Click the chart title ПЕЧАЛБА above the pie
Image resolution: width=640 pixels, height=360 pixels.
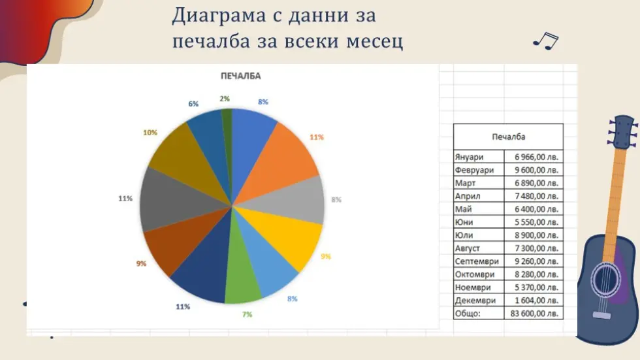240,76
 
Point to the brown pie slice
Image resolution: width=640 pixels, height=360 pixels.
176,241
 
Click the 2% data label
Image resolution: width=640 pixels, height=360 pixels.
225,99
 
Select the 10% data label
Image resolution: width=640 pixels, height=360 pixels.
150,133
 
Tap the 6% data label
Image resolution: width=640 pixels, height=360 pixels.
193,104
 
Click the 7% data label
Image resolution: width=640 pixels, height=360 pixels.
247,314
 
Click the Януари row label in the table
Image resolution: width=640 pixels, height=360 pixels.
469,157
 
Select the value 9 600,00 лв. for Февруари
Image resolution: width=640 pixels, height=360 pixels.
536,171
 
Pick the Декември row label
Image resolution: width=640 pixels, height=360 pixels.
475,301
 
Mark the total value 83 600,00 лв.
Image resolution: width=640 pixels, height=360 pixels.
534,314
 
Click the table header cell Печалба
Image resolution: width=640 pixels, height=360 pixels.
508,137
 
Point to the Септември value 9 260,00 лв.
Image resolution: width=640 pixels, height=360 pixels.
536,261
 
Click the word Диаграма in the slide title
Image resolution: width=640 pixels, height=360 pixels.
219,16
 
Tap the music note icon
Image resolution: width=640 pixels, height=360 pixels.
546,41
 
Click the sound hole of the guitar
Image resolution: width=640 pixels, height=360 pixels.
606,280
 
